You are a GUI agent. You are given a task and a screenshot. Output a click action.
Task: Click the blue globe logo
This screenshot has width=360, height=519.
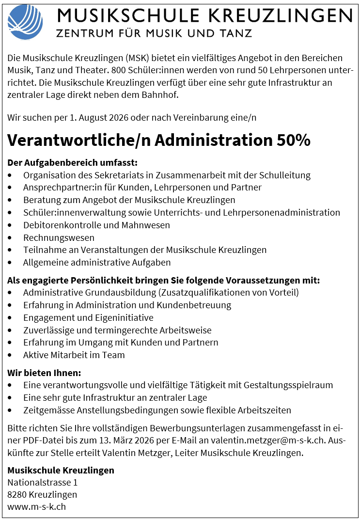click(25, 22)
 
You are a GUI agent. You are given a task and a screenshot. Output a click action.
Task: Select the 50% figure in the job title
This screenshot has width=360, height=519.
click(293, 140)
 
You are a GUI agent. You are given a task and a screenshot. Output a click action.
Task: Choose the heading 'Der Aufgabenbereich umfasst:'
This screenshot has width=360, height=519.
click(73, 162)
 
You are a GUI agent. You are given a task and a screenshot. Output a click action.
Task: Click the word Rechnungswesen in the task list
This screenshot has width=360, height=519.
click(59, 237)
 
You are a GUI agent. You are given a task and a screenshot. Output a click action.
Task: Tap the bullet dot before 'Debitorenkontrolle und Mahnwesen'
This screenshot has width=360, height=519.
click(10, 225)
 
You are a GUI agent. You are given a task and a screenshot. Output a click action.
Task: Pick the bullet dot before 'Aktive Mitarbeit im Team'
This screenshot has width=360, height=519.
click(10, 355)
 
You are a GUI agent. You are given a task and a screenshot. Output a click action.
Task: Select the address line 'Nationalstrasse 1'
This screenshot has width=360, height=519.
click(43, 482)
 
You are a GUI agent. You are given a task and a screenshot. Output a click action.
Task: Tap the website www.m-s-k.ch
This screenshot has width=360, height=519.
click(36, 507)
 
